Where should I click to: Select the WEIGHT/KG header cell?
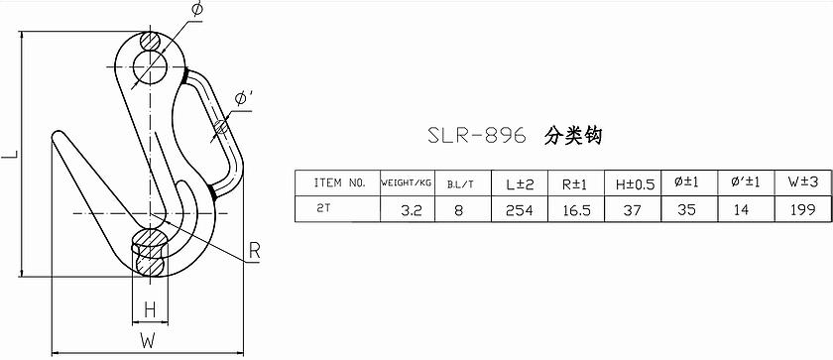pos(407,183)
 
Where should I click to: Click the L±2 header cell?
pos(519,183)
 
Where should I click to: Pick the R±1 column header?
pos(575,183)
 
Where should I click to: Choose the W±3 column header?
pos(803,182)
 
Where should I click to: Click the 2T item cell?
pos(323,209)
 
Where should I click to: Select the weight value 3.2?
pos(412,211)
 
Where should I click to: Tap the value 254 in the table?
pos(519,211)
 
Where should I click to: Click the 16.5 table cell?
pos(576,211)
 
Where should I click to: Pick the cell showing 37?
pos(633,211)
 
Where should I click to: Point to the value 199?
pos(801,209)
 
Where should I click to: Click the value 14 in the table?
pos(741,210)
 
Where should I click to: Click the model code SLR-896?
pos(477,136)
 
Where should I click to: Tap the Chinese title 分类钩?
pos(573,136)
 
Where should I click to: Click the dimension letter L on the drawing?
pos(10,155)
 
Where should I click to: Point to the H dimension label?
pos(151,310)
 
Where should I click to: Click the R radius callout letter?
pos(255,252)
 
